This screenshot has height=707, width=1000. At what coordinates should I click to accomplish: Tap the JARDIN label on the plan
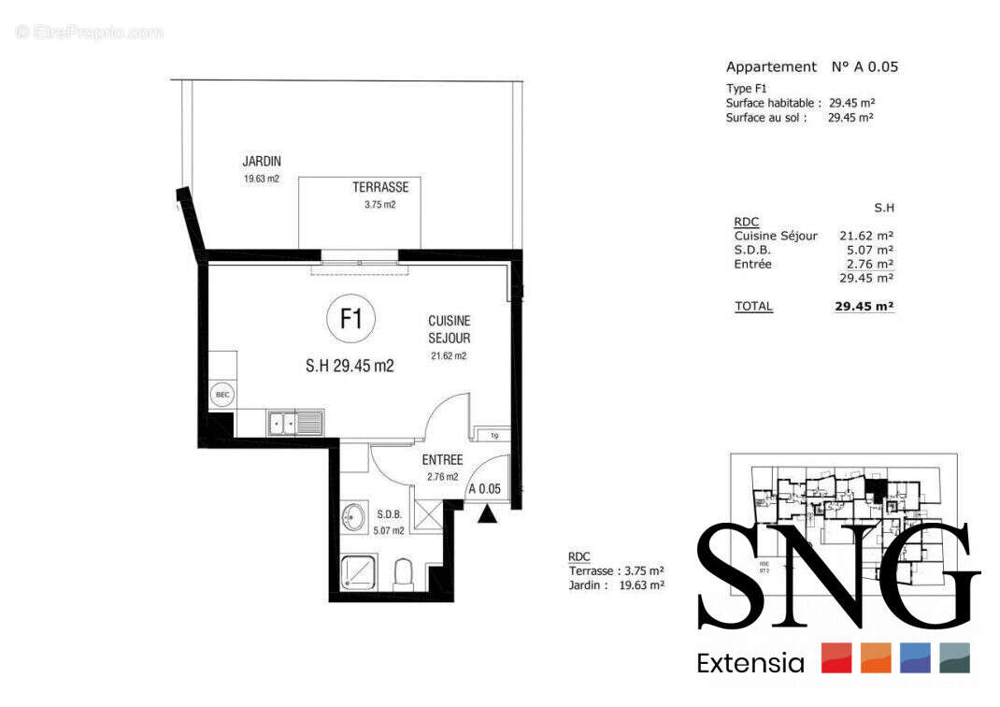tap(262, 162)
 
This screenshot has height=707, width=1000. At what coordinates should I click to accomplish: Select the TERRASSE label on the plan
tap(380, 187)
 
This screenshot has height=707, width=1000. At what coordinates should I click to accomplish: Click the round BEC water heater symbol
tap(222, 395)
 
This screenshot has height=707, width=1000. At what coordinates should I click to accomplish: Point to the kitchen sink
tap(294, 424)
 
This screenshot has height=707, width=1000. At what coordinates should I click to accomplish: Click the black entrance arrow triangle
tap(487, 513)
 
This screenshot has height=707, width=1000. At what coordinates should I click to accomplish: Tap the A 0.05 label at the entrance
tap(485, 488)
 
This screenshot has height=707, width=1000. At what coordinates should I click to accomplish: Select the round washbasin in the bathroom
tap(353, 517)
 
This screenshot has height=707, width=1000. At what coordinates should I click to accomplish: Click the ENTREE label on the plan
tap(442, 460)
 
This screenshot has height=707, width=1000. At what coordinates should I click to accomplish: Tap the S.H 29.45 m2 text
tap(350, 367)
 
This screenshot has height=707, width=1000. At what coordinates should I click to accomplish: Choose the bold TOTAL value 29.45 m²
tap(864, 306)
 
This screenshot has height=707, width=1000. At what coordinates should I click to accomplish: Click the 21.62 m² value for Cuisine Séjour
tap(864, 237)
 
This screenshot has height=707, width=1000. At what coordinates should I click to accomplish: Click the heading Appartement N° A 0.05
tap(811, 67)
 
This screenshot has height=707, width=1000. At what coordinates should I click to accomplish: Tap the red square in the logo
tap(836, 658)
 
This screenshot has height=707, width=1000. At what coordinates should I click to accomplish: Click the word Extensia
tap(750, 664)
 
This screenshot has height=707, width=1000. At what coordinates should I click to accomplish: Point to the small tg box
tap(493, 435)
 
